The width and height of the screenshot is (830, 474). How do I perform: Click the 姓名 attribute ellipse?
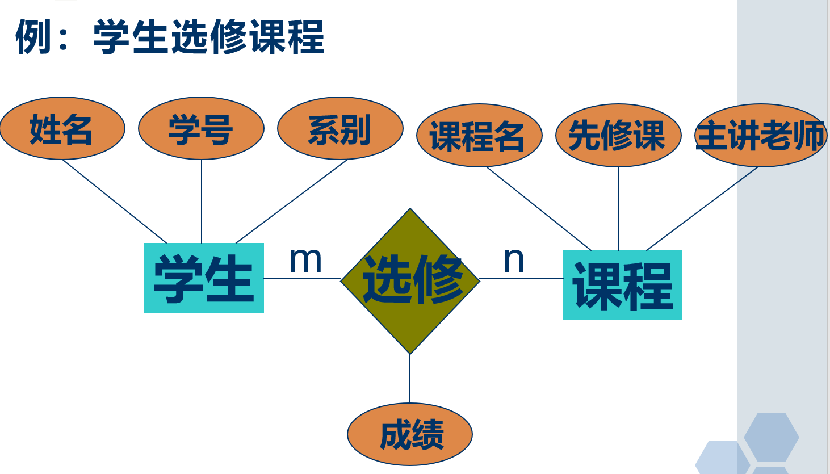[62, 128]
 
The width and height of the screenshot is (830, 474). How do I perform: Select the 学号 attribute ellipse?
[201, 128]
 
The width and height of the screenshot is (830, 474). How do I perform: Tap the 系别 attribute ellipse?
[340, 128]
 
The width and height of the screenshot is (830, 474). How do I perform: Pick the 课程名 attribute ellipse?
[479, 136]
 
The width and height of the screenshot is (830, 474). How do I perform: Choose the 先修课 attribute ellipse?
[618, 136]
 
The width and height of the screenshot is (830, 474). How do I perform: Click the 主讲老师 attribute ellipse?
[760, 136]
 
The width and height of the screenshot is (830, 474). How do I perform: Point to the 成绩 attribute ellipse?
[410, 434]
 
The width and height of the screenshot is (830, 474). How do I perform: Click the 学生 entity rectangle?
[204, 278]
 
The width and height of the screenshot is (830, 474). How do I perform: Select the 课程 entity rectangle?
[622, 285]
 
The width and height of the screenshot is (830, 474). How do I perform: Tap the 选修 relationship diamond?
[410, 281]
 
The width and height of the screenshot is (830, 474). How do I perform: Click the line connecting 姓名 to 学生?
[115, 202]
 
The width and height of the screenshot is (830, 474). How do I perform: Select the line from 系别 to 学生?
[292, 202]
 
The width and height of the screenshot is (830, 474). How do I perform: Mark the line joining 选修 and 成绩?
[410, 379]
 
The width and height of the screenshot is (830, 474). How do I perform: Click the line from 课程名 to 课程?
[539, 208]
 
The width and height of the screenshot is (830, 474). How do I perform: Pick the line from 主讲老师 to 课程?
[702, 208]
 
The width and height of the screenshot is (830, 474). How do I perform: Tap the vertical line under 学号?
[202, 202]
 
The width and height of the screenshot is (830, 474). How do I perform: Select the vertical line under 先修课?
[619, 208]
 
